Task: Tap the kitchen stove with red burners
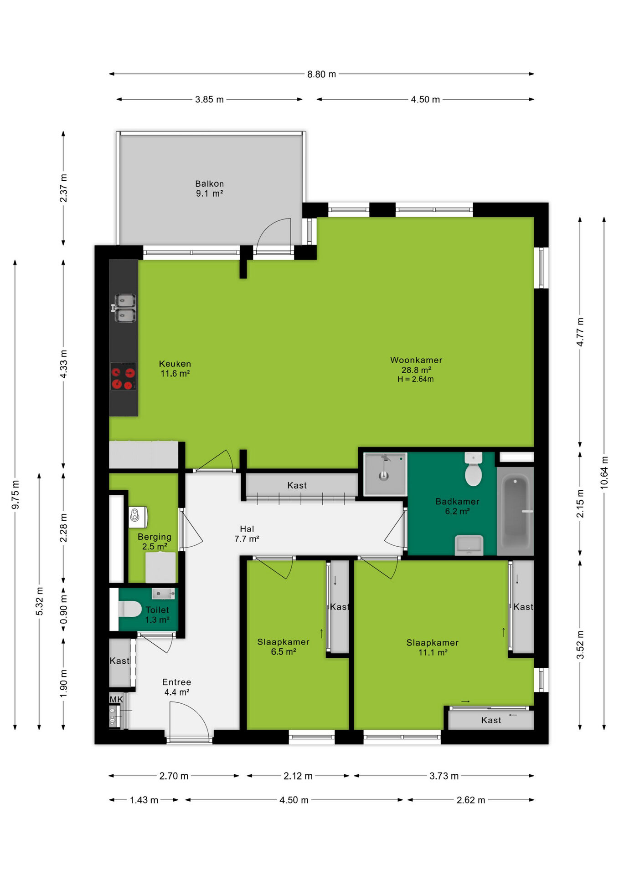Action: tap(124, 376)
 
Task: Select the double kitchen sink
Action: tap(124, 308)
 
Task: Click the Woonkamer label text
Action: tap(416, 360)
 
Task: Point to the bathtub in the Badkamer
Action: tap(516, 511)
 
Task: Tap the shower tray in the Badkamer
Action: tap(385, 474)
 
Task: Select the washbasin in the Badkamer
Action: tap(469, 545)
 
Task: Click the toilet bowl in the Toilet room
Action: tap(129, 609)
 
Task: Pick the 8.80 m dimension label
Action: tap(321, 74)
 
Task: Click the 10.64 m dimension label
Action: tap(604, 473)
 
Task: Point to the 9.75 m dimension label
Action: tap(15, 495)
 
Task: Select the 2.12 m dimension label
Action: tap(298, 776)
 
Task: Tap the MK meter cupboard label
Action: tap(116, 700)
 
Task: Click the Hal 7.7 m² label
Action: tap(247, 534)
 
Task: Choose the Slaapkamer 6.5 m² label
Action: tap(283, 647)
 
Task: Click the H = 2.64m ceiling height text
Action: tap(415, 379)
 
